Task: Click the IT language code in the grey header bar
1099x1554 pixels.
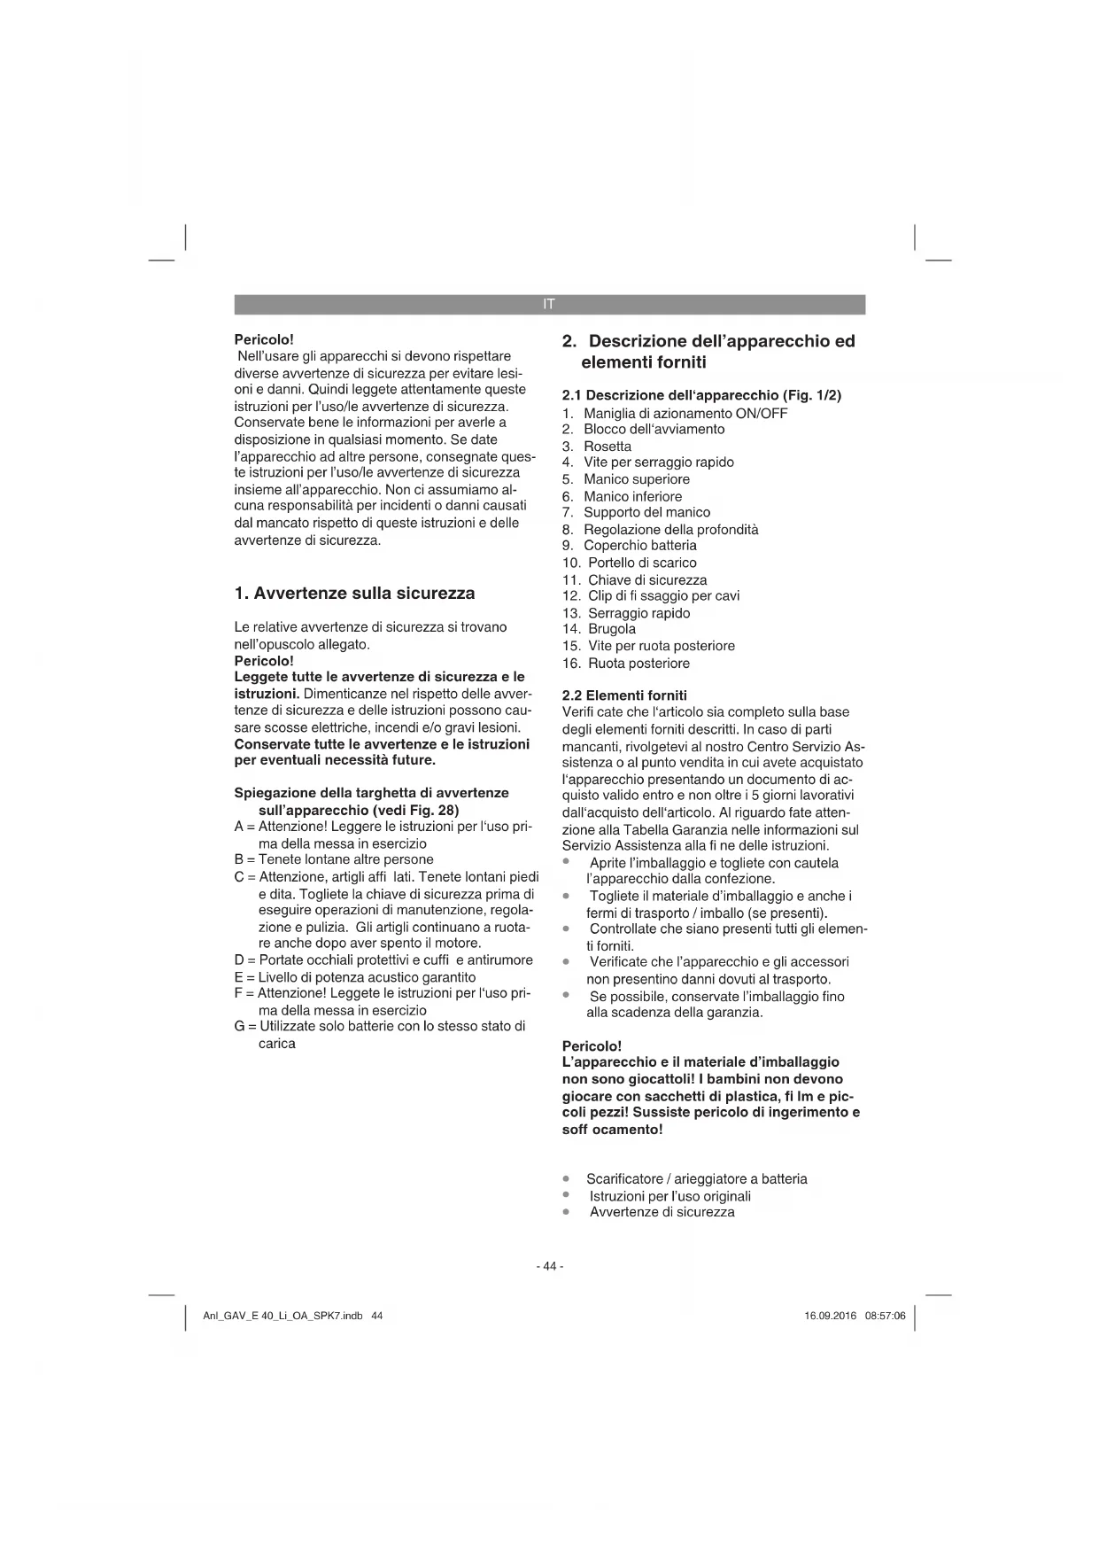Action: (549, 305)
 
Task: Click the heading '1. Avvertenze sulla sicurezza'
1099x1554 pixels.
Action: (354, 594)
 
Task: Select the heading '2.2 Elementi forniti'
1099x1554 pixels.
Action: (624, 695)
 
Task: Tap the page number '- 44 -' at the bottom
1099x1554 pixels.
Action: (549, 1266)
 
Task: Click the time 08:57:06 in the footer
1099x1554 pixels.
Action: (885, 1316)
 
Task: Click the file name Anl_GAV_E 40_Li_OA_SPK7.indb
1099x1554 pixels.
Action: (282, 1316)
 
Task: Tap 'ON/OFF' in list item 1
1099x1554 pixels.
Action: (761, 413)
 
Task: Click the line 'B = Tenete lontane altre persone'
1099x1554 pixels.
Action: (334, 859)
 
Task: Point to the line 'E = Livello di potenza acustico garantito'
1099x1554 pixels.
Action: (354, 977)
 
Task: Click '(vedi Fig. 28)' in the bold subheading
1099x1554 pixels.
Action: (416, 810)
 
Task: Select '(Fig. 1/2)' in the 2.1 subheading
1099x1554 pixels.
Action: (812, 395)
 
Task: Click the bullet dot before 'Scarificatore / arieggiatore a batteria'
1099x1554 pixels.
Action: (566, 1179)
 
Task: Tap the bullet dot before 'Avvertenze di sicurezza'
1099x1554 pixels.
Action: (566, 1212)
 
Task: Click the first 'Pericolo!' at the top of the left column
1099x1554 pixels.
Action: (264, 339)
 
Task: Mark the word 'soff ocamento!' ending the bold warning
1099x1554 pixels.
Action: (612, 1130)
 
